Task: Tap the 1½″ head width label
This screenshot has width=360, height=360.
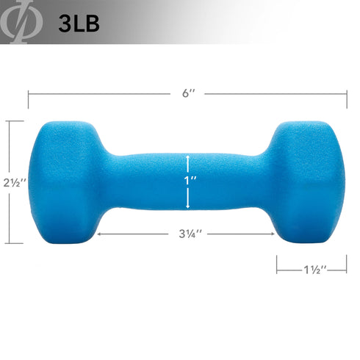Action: [x=312, y=270]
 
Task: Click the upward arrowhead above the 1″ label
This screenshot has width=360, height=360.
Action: [x=188, y=156]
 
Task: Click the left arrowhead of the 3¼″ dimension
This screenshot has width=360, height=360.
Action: [x=98, y=235]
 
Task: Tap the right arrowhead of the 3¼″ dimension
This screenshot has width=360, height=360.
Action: [x=273, y=235]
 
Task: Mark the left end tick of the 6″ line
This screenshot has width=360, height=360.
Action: [x=29, y=94]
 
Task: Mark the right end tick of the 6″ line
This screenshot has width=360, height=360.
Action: [x=347, y=94]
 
